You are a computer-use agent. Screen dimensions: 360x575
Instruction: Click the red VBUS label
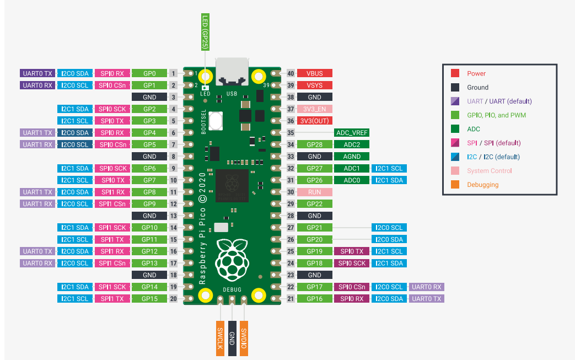point(315,73)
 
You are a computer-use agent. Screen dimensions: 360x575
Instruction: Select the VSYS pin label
point(315,85)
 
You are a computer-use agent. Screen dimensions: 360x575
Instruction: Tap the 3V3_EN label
point(315,109)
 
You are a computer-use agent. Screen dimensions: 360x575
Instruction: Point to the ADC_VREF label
point(351,133)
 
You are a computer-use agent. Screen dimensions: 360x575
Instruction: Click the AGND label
point(351,157)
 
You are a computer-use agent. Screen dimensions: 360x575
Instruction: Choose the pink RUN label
point(315,192)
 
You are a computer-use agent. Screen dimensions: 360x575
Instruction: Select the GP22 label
point(315,204)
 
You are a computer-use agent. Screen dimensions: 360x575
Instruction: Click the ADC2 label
point(351,144)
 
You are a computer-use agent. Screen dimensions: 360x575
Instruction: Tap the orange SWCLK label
point(220,337)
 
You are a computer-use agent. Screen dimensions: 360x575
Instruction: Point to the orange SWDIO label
point(244,337)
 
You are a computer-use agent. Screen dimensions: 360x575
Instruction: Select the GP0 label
point(149,73)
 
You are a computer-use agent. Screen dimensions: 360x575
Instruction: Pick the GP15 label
point(149,299)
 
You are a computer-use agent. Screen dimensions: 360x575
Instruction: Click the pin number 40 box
point(291,73)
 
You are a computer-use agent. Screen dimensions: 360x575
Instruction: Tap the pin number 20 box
point(173,299)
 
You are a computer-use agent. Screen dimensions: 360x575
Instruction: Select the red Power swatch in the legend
point(455,73)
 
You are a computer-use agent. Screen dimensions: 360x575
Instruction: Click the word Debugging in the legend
point(482,185)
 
